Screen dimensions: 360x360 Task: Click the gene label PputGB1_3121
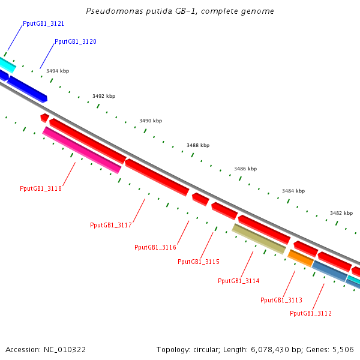point(43,23)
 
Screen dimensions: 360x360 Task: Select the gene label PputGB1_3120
point(75,42)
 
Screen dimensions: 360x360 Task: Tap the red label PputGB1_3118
point(41,188)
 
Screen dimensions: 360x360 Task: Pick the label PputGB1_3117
point(111,225)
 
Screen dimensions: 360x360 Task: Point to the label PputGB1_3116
point(155,247)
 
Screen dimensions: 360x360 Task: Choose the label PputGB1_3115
point(199,262)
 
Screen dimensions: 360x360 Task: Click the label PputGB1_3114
point(238,281)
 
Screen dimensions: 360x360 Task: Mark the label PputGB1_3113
point(281,300)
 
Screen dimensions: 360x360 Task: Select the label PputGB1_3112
point(311,313)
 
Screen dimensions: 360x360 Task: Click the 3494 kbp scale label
point(58,71)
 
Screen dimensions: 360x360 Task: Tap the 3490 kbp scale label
point(151,121)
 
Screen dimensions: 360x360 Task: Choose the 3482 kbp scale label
point(341,213)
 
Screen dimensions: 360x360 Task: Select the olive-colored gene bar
point(259,239)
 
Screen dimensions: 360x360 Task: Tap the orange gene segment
point(300,258)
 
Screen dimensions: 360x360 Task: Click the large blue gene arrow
point(27,88)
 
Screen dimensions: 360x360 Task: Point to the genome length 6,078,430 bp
point(253,349)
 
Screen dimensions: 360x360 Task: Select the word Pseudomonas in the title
point(109,11)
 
